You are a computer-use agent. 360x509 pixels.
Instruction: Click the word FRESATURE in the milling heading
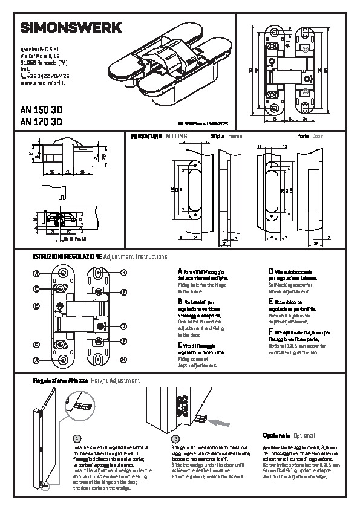(146, 137)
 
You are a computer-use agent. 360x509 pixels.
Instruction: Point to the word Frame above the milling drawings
(235, 137)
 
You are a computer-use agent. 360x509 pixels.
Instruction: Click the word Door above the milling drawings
(318, 137)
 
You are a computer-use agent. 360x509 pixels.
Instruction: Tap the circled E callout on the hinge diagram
(37, 306)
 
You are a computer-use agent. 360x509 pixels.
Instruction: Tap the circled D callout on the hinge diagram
(123, 326)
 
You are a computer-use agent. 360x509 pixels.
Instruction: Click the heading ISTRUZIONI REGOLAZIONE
(68, 257)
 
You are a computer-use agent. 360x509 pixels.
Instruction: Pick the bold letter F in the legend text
(270, 332)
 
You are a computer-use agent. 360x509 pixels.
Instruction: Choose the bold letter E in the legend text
(270, 300)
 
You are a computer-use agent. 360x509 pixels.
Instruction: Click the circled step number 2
(175, 438)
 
